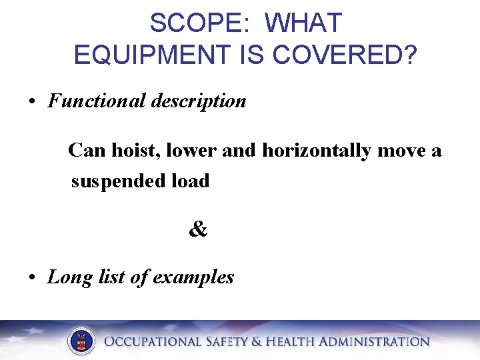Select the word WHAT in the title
[x=303, y=24]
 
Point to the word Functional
[x=96, y=101]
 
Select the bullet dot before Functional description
[x=32, y=102]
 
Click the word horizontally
[x=317, y=151]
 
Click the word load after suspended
[x=191, y=181]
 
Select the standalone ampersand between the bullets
[x=198, y=229]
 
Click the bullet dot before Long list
[x=32, y=278]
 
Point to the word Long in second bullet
[x=68, y=277]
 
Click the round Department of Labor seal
[x=81, y=341]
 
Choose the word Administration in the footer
[x=374, y=342]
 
